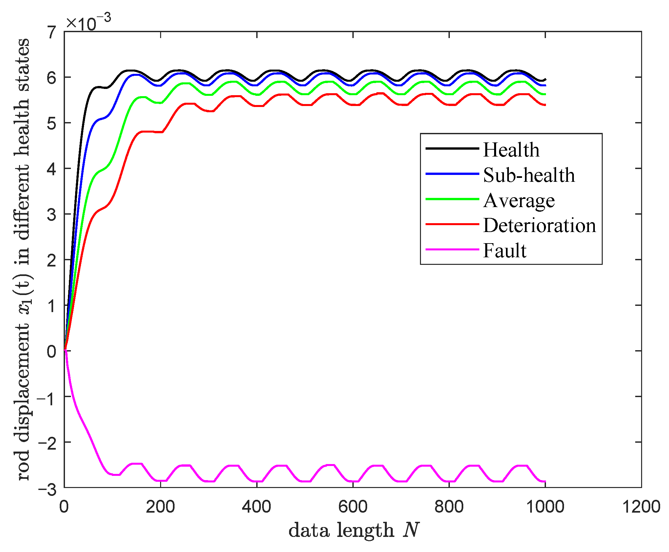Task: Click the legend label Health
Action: (x=511, y=150)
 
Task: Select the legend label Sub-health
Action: (x=529, y=175)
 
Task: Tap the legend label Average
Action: (x=519, y=201)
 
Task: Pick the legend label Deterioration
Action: (x=539, y=226)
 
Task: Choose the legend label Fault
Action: (x=505, y=251)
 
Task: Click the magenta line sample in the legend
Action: (x=452, y=249)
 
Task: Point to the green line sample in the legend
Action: (x=452, y=199)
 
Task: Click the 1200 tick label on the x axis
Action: (x=641, y=507)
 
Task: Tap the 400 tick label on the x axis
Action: (x=256, y=507)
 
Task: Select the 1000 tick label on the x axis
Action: (x=545, y=507)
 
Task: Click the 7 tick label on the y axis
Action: (x=52, y=32)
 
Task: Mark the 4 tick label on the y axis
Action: (x=52, y=169)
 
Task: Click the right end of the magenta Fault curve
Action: (x=545, y=481)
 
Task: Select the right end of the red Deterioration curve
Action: (x=545, y=105)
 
